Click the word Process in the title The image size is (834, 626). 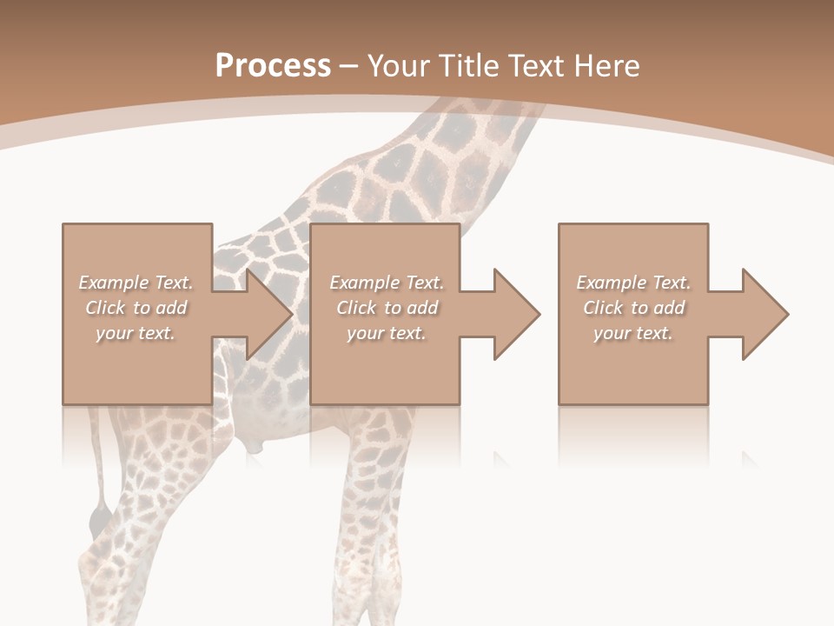tap(273, 65)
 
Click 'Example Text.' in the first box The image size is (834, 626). tap(136, 283)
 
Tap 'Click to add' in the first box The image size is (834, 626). tap(136, 308)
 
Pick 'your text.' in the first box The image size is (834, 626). tap(136, 333)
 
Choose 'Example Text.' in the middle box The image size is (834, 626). tap(387, 283)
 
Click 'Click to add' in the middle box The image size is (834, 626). tap(387, 308)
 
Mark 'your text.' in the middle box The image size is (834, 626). tap(387, 333)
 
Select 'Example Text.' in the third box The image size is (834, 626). tap(633, 283)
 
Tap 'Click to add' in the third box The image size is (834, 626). tap(633, 308)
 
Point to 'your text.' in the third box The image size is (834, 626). tap(633, 333)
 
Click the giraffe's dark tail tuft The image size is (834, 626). tap(98, 517)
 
